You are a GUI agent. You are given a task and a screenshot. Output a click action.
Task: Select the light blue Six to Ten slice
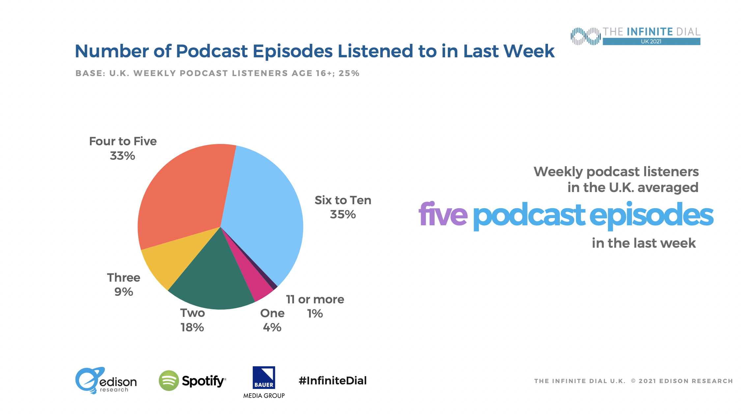coord(264,211)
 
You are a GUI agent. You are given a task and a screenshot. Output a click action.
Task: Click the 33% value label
coord(123,156)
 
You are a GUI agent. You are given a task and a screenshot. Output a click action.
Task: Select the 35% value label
coord(343,214)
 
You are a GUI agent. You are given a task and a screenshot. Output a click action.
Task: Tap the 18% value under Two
coord(192,327)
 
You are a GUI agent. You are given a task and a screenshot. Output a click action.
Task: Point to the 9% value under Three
coord(124,292)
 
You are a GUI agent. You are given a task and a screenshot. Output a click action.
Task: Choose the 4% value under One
coord(272,327)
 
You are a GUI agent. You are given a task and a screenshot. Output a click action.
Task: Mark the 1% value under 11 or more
coord(315,314)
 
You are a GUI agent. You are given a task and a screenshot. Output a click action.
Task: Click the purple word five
coord(443,215)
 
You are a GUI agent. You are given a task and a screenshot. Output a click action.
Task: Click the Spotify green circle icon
coord(169,381)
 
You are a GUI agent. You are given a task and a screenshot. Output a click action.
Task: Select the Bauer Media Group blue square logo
coord(264,377)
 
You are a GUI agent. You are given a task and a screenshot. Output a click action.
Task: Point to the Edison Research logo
coord(105,381)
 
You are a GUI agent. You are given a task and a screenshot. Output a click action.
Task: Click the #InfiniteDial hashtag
coord(332,381)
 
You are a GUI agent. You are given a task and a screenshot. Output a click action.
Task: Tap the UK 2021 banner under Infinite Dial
coord(651,42)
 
